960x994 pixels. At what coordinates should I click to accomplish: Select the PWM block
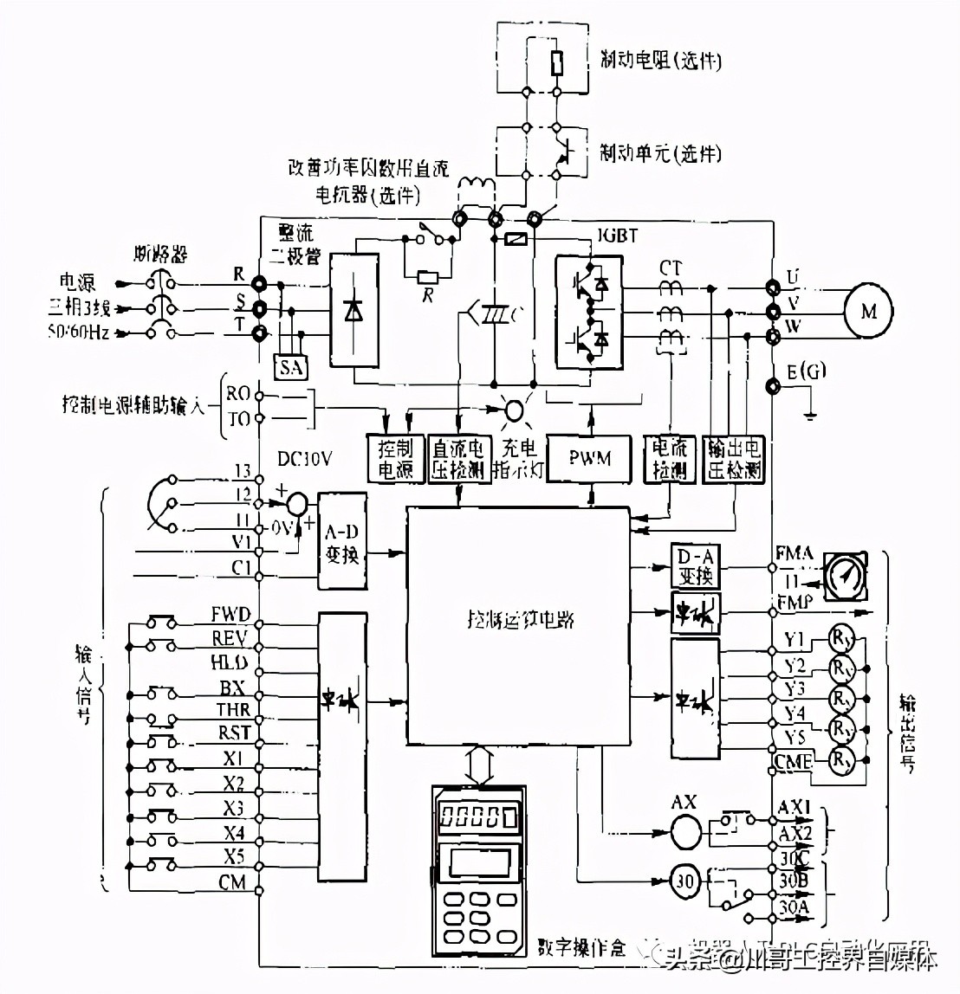coord(590,457)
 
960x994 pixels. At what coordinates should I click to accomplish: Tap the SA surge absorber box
coord(292,367)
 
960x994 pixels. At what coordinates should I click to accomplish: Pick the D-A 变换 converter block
coord(695,564)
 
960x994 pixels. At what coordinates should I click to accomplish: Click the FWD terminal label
coord(230,615)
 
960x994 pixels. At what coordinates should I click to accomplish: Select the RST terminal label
coord(233,733)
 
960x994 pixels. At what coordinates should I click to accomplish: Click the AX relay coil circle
coord(684,832)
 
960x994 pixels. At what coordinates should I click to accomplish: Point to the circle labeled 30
coord(684,883)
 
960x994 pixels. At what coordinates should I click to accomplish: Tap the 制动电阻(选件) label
coord(661,60)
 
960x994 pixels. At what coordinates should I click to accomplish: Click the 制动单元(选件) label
coord(661,152)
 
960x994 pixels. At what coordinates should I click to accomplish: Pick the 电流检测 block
coord(669,458)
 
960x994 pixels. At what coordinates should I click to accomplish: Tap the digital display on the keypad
coord(477,816)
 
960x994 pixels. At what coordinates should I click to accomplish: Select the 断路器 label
coord(161,255)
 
